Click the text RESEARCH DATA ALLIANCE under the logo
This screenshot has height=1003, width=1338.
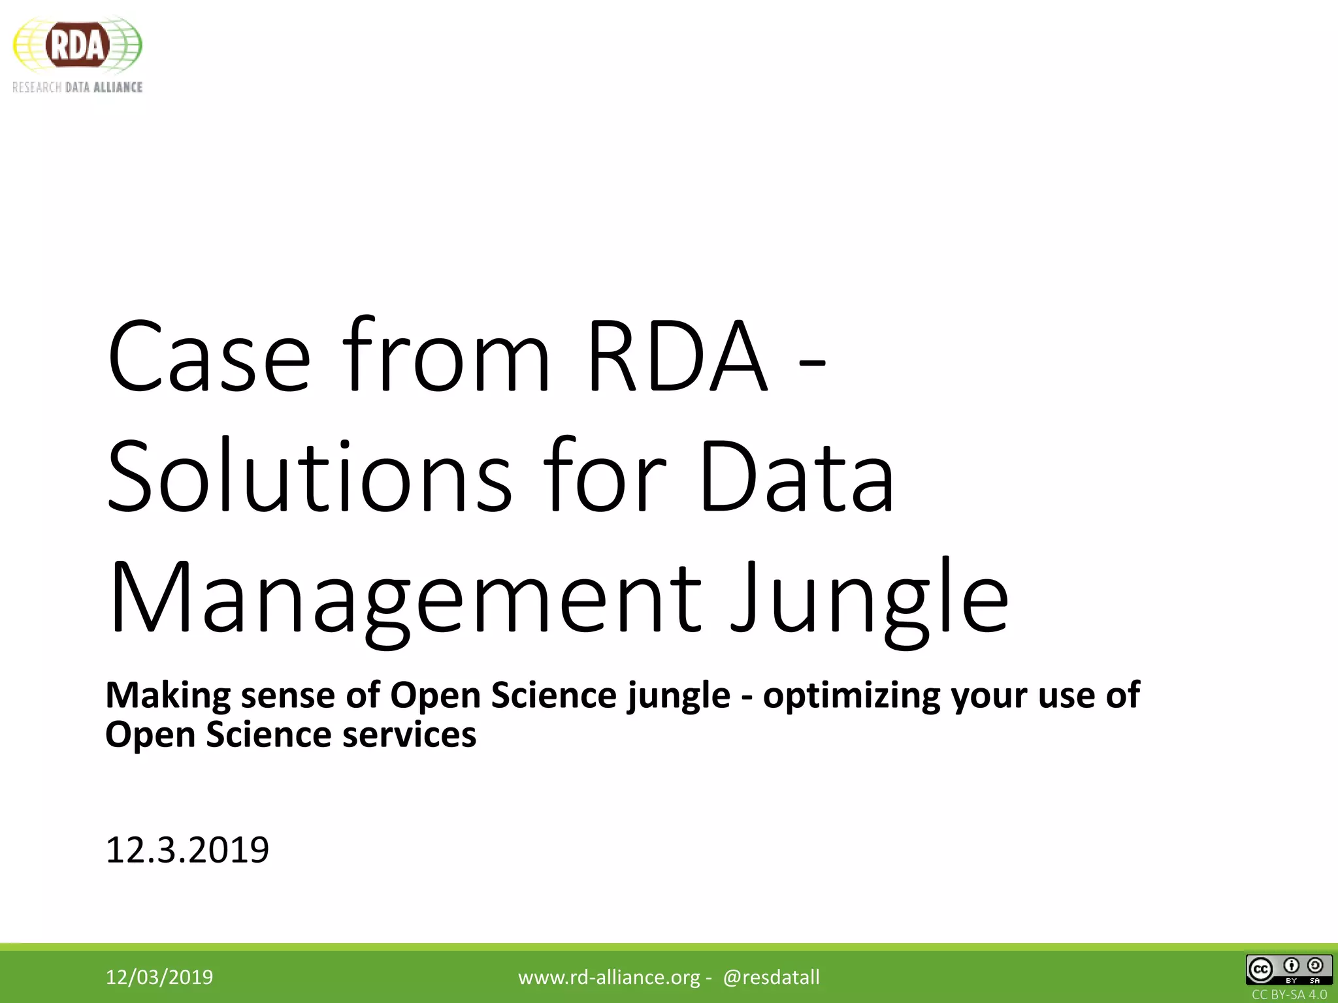click(77, 88)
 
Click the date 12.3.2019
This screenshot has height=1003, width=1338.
click(187, 850)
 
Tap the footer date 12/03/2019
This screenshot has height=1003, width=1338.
click(159, 977)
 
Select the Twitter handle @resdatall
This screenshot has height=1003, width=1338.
click(771, 977)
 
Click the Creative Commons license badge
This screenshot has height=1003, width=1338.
click(1288, 970)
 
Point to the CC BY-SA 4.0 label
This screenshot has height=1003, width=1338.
click(1289, 995)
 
